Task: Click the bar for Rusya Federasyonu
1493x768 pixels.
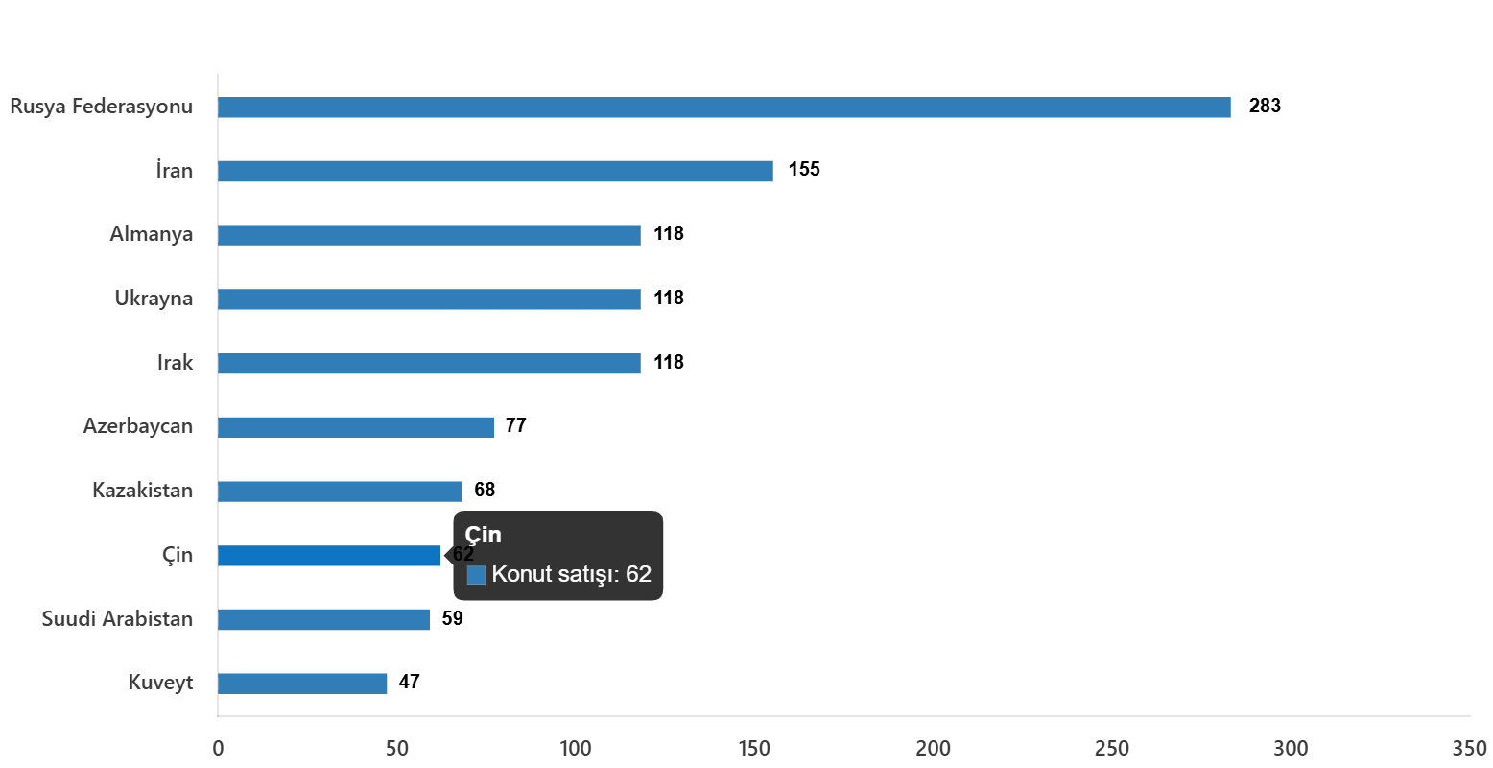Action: (723, 108)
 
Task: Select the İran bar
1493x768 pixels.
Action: (495, 171)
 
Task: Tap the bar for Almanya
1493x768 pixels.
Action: (429, 235)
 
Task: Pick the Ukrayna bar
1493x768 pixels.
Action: (429, 300)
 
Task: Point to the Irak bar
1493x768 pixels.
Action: (429, 364)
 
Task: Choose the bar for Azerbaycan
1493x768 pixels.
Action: (356, 427)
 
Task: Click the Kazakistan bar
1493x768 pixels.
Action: (340, 492)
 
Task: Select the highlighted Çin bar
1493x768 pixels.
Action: (329, 556)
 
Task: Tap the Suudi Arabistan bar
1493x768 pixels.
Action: (323, 619)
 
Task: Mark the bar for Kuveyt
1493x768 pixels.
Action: (302, 684)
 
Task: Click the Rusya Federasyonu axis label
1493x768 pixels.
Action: (101, 107)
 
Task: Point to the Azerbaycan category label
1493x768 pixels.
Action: (137, 426)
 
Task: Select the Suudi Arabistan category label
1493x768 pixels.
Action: (117, 619)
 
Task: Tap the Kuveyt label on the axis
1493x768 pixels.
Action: (161, 683)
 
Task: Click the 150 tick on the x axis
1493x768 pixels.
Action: (754, 749)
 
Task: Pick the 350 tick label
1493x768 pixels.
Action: (1469, 749)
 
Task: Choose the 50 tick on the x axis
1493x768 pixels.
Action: (396, 749)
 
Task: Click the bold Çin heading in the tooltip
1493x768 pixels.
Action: (484, 536)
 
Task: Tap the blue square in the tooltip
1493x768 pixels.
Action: (476, 575)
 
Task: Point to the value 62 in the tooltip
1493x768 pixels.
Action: (639, 574)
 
